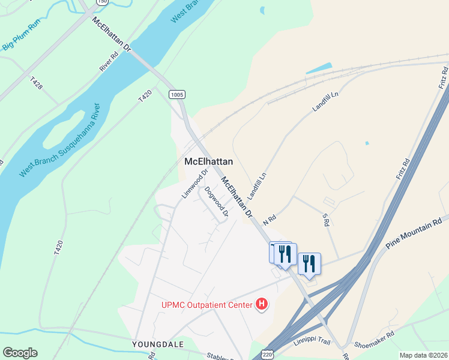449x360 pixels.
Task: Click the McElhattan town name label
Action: coord(208,162)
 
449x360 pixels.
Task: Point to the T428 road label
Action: coord(36,83)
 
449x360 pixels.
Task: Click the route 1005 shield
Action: coord(177,94)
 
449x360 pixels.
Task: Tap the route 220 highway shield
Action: coord(268,354)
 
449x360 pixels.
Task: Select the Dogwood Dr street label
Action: coord(217,202)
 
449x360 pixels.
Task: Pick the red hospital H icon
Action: coord(262,305)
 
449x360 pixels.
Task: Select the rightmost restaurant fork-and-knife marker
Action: coord(309,264)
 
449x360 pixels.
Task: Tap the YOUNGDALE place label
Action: coord(157,344)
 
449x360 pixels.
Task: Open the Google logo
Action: coord(20,353)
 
